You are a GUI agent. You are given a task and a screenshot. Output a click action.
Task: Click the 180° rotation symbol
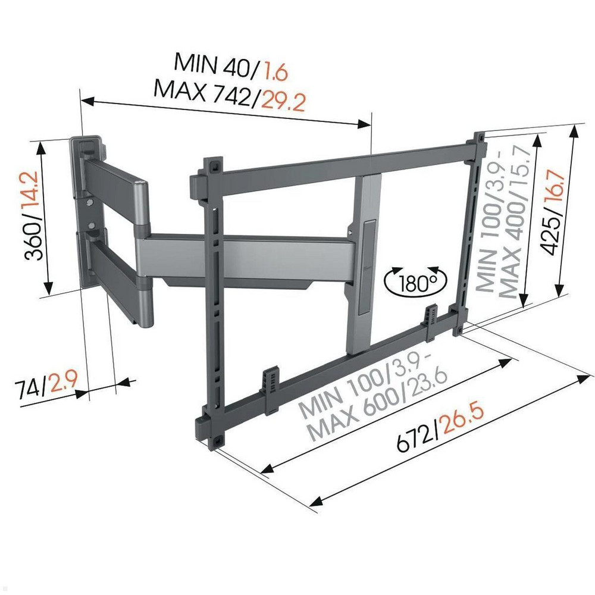415,280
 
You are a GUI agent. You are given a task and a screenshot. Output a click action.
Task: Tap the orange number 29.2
283,101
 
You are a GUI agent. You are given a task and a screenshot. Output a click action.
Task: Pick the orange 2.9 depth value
64,383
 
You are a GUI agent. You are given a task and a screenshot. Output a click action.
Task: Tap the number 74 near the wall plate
30,389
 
